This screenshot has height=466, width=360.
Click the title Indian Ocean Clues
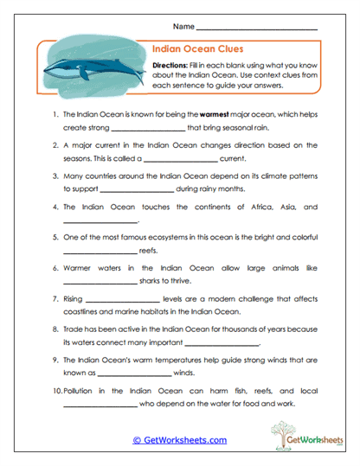pyautogui.click(x=194, y=49)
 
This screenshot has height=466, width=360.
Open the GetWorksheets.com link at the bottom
pyautogui.click(x=179, y=440)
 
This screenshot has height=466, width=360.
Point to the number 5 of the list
pyautogui.click(x=55, y=236)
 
